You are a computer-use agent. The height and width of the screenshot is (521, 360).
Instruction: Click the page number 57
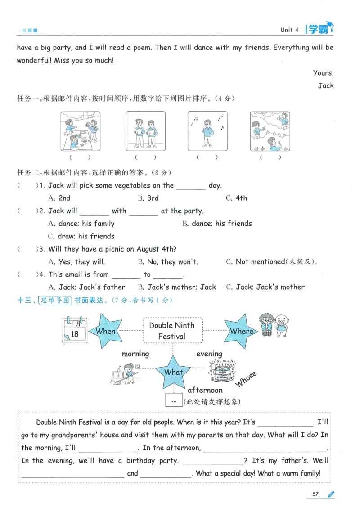315,494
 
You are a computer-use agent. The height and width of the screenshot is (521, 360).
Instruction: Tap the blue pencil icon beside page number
331,494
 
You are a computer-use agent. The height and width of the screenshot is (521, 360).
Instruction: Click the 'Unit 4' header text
289,30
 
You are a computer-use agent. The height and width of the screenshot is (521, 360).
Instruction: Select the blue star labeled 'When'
105,331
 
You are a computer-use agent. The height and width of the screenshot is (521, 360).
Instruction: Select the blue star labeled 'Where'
241,331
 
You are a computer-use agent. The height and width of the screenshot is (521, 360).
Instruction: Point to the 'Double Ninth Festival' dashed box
172,331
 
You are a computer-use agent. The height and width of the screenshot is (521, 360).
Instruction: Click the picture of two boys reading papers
146,131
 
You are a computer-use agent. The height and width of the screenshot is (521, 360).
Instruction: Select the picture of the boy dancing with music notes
207,131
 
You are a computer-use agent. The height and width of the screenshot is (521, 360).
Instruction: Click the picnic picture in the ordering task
80,131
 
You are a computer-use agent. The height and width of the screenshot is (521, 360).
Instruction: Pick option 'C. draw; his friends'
81,236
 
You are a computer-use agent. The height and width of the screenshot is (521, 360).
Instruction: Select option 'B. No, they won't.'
168,261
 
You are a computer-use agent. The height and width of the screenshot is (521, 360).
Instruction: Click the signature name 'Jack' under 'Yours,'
325,85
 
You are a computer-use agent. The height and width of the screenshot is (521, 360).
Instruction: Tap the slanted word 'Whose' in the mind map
246,379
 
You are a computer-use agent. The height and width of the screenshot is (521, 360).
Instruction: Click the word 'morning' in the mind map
135,354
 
